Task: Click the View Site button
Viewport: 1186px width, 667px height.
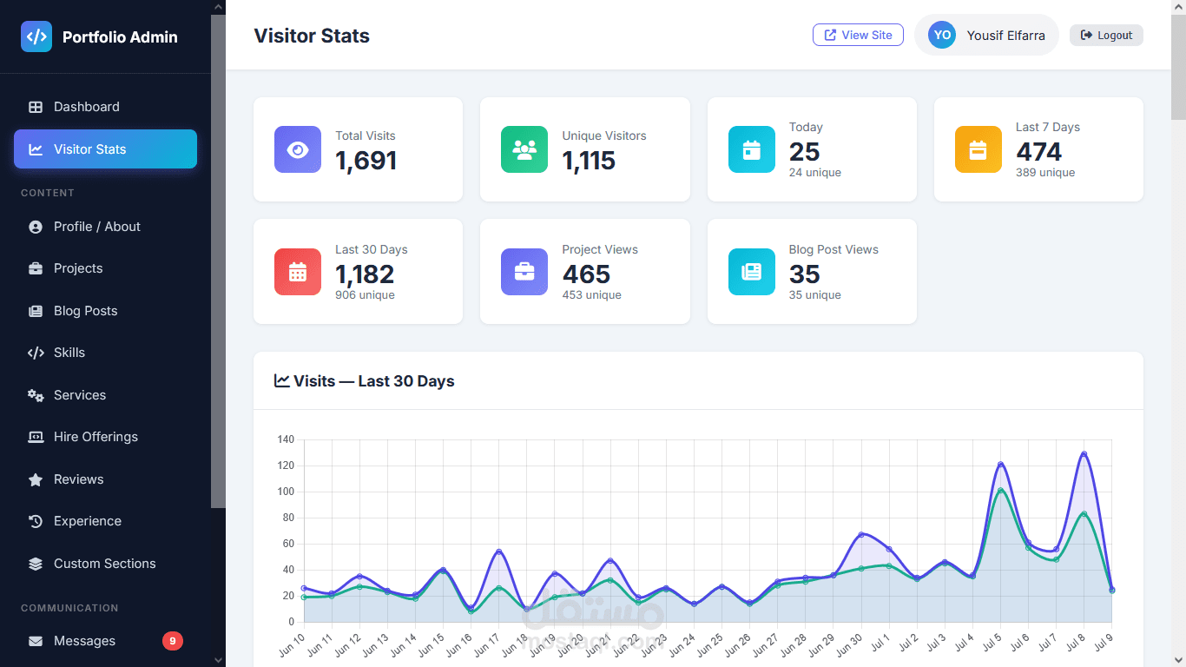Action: pyautogui.click(x=858, y=35)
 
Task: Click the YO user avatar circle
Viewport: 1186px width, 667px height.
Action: pyautogui.click(x=942, y=35)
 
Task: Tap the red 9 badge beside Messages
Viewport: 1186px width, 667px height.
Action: pyautogui.click(x=173, y=641)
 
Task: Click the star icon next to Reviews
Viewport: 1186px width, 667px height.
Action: pyautogui.click(x=36, y=479)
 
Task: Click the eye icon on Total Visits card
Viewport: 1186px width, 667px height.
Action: pyautogui.click(x=298, y=149)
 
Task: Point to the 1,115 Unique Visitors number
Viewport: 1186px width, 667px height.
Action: pyautogui.click(x=589, y=161)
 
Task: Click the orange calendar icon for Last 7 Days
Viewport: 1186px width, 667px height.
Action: pyautogui.click(x=978, y=149)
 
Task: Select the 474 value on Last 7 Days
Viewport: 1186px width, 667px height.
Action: pyautogui.click(x=1038, y=151)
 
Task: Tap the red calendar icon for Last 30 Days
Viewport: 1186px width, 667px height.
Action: pyautogui.click(x=298, y=272)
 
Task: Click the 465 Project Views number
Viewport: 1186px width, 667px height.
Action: pyautogui.click(x=586, y=274)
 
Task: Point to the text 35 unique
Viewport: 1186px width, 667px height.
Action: pyautogui.click(x=814, y=294)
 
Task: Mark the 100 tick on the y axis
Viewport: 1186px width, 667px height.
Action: pyautogui.click(x=286, y=492)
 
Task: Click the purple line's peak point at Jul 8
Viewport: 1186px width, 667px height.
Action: pyautogui.click(x=1084, y=454)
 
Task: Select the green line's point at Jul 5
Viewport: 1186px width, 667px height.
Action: pyautogui.click(x=1000, y=491)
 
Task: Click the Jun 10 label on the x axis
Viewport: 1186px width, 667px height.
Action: pyautogui.click(x=293, y=644)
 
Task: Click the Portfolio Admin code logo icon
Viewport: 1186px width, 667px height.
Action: pyautogui.click(x=36, y=36)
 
